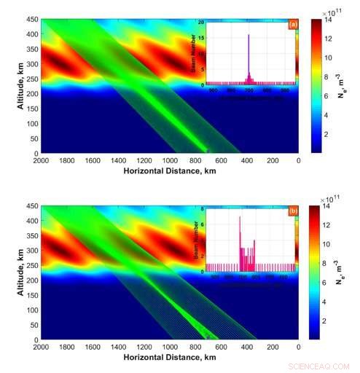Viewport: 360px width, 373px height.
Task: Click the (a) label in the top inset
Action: pyautogui.click(x=293, y=24)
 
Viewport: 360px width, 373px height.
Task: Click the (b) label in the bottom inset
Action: pyautogui.click(x=293, y=212)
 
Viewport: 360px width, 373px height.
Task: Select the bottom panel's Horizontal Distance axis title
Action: pyautogui.click(x=168, y=358)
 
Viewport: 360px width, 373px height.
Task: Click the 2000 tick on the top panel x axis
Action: pyautogui.click(x=41, y=161)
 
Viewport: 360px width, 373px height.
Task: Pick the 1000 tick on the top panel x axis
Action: pyautogui.click(x=169, y=161)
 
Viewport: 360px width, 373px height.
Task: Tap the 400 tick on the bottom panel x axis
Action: pyautogui.click(x=246, y=348)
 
